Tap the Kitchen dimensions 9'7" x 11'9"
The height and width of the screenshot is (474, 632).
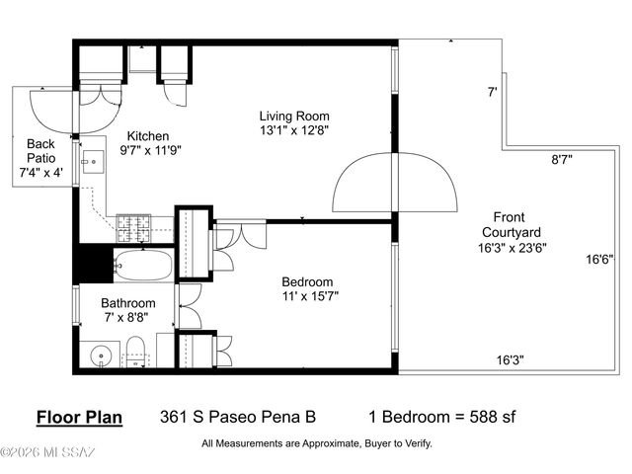[x=151, y=151]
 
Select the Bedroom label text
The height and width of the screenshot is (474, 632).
[x=306, y=280]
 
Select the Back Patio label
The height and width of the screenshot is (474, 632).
[x=40, y=158]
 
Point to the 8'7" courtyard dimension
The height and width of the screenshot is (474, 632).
[x=562, y=158]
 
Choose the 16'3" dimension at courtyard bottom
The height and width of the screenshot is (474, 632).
[x=510, y=360]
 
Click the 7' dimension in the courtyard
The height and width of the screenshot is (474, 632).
[x=492, y=93]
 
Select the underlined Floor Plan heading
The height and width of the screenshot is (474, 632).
[x=79, y=417]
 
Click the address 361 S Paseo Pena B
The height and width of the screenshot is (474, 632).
[x=238, y=417]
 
